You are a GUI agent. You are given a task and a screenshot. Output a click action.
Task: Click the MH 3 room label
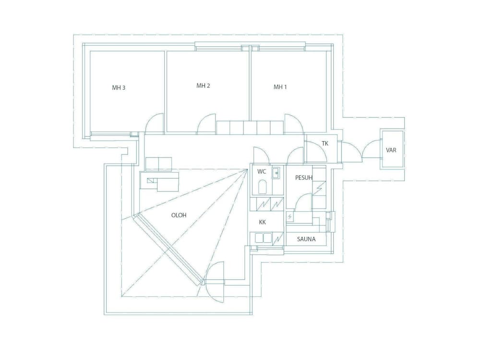[119, 88]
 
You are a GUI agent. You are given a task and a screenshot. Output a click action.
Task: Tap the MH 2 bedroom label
[204, 86]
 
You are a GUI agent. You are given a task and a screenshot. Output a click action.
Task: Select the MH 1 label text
[280, 87]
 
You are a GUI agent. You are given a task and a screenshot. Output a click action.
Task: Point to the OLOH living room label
[179, 215]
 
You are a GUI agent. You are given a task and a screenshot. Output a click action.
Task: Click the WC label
[262, 171]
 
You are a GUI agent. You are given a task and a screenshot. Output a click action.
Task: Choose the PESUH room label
[303, 178]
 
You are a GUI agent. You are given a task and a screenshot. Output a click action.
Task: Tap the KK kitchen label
[262, 222]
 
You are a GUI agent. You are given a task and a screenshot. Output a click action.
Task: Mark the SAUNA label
[306, 239]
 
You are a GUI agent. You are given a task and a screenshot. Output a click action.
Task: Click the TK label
[325, 144]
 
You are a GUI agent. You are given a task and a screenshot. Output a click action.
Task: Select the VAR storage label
[391, 150]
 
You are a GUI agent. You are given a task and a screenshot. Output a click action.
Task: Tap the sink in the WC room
[276, 172]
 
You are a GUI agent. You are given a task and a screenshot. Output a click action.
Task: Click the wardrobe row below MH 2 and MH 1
[250, 128]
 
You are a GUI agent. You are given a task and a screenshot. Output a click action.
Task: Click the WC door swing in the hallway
[262, 155]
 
